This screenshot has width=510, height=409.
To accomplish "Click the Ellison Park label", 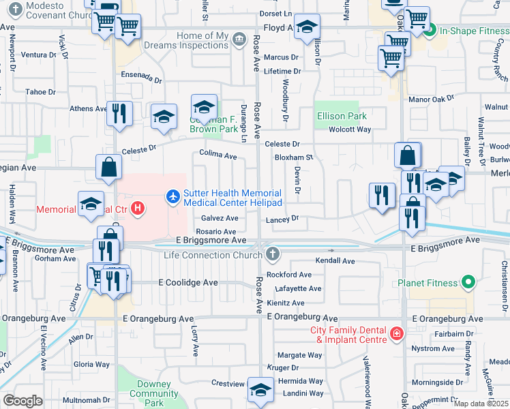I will click(x=342, y=116).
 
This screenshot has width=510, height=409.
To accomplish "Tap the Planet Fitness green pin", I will click(x=468, y=282).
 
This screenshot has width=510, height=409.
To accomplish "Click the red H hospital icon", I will click(x=138, y=208).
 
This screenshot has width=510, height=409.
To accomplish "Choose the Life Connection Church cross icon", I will click(x=273, y=255).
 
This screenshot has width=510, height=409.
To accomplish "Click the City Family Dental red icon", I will click(x=396, y=334).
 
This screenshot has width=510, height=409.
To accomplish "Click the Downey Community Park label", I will click(x=154, y=393).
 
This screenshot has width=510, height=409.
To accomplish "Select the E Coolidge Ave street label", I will click(x=188, y=282).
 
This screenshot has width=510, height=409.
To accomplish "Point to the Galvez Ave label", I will click(x=220, y=218).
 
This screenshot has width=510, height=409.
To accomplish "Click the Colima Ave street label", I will click(x=217, y=156).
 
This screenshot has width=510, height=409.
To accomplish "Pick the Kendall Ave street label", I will click(x=335, y=261).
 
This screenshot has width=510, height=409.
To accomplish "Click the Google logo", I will click(x=22, y=401).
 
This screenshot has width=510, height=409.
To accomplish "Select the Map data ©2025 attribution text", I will click(x=481, y=404).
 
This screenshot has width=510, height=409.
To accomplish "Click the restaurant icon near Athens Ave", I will click(x=119, y=113).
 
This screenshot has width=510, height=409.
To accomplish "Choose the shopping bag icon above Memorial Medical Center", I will click(x=109, y=167).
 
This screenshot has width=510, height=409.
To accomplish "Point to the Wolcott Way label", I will click(x=350, y=130).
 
